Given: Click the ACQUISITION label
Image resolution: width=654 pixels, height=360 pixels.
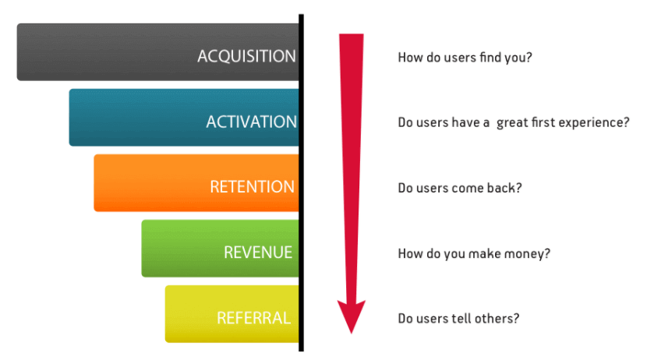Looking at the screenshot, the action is coord(246,57).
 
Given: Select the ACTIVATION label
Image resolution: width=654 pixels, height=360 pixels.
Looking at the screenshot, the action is coord(251,122).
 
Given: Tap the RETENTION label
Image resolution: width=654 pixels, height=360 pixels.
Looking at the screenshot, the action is coord(253,187).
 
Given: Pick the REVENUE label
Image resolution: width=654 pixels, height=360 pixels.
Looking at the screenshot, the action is coord(258,252).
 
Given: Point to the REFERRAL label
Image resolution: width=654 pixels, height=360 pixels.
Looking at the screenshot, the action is coord(253,318).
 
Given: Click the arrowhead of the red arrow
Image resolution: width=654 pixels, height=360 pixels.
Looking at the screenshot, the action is coord(352,316).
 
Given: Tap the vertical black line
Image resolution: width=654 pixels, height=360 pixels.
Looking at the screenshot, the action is coord(301,182).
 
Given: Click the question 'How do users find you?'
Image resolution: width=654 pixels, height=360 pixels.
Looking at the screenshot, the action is coord(465,58).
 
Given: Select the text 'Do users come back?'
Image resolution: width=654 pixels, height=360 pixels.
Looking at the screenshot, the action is coord(460,188).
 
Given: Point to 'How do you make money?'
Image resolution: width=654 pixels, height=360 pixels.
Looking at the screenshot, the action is coord(474,253).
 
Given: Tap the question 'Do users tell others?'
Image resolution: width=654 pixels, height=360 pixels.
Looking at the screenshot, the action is coord(459,319).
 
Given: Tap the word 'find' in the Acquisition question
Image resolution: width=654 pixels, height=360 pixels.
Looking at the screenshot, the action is coord(490,57).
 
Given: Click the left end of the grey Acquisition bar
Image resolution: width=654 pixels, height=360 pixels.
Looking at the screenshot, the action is coord(17,52).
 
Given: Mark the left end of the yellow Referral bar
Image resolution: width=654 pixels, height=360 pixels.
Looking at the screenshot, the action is coord(165,314).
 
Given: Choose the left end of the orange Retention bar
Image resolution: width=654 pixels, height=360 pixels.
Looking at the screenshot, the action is coord(94,182).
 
